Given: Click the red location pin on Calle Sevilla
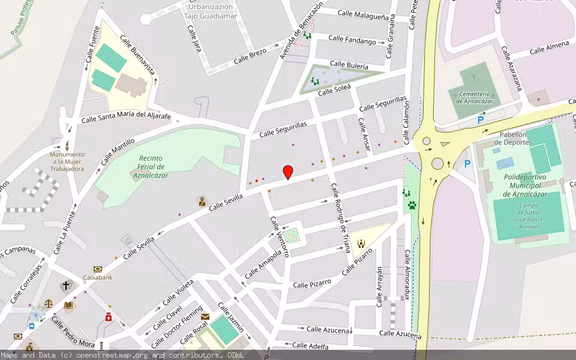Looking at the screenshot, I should coord(288,172).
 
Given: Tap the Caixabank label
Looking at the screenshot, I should coord(98,277).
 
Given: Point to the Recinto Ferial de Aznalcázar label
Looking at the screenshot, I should coord(149,167).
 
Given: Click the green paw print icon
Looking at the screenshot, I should coord(412,205).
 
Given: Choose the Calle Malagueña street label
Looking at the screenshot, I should coord(362,15).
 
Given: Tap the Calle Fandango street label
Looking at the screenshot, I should coord(352,40).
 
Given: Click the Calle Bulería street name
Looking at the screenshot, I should coord(349,64).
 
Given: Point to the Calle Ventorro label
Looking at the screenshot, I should coord(280,236).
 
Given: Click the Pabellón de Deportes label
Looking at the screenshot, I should coord(513,138).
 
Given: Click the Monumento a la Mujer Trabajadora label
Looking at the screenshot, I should coord(67,161).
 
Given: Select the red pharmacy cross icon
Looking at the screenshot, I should coord(109,317).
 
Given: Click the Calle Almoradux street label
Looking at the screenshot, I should coord(407,275).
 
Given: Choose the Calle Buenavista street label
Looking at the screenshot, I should coord(137,55).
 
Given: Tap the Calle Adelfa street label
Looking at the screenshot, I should coord(310,346).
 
